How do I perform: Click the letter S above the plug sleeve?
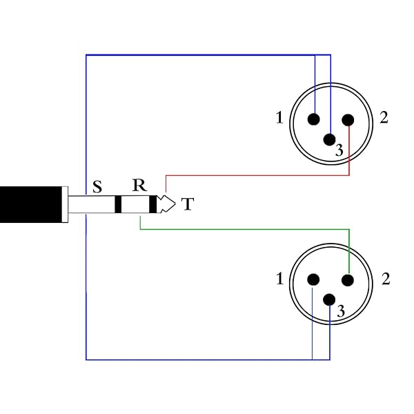[97, 186]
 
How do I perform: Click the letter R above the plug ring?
[139, 186]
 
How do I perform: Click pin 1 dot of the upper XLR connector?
[315, 119]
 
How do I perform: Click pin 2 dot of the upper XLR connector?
[348, 119]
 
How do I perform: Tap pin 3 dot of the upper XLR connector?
[331, 139]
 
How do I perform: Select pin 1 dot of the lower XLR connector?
[314, 279]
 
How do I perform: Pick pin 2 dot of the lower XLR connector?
[348, 279]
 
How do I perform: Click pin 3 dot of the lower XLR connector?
[331, 299]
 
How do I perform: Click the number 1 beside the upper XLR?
[279, 118]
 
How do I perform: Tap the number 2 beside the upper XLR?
[384, 118]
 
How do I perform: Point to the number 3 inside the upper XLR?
[339, 150]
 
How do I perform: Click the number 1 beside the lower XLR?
[279, 279]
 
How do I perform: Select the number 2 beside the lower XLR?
[386, 279]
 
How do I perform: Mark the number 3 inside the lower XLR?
[340, 312]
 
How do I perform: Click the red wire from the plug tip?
[262, 175]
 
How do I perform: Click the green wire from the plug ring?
[241, 229]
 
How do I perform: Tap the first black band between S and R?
[118, 204]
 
